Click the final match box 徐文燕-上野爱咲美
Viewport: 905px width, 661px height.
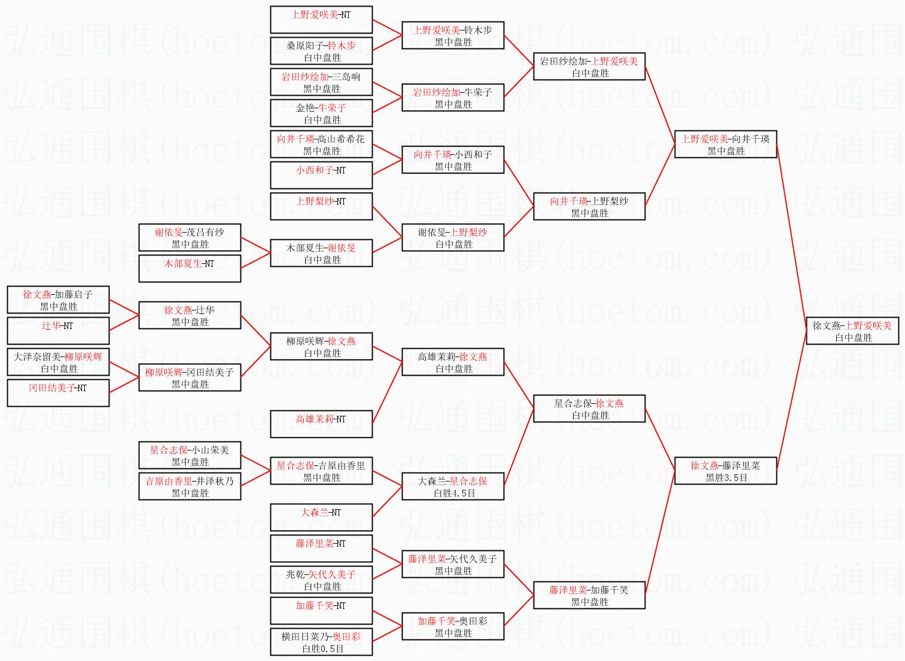click(852, 331)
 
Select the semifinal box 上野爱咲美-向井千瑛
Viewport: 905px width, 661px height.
click(726, 144)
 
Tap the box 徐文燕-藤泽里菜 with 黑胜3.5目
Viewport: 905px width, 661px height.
click(726, 471)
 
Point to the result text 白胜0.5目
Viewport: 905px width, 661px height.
click(323, 648)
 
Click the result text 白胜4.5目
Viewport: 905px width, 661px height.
click(454, 493)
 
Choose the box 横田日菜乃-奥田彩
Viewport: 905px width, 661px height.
click(321, 642)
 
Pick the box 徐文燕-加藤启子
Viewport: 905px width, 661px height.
click(58, 300)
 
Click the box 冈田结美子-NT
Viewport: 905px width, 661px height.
click(58, 393)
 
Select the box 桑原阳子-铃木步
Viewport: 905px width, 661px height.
click(321, 51)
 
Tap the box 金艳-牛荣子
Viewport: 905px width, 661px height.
click(321, 113)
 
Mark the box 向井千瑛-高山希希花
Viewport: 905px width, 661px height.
click(321, 144)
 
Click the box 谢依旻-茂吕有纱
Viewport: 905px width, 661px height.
click(190, 237)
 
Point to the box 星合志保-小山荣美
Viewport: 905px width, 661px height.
click(190, 455)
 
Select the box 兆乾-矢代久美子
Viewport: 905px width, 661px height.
click(321, 580)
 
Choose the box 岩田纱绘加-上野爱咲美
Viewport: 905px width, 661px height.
click(589, 66)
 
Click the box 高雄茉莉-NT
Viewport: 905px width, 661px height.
click(321, 424)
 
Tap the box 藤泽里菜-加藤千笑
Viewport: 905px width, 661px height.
click(589, 595)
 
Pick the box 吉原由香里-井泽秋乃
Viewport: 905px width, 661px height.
click(190, 486)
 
